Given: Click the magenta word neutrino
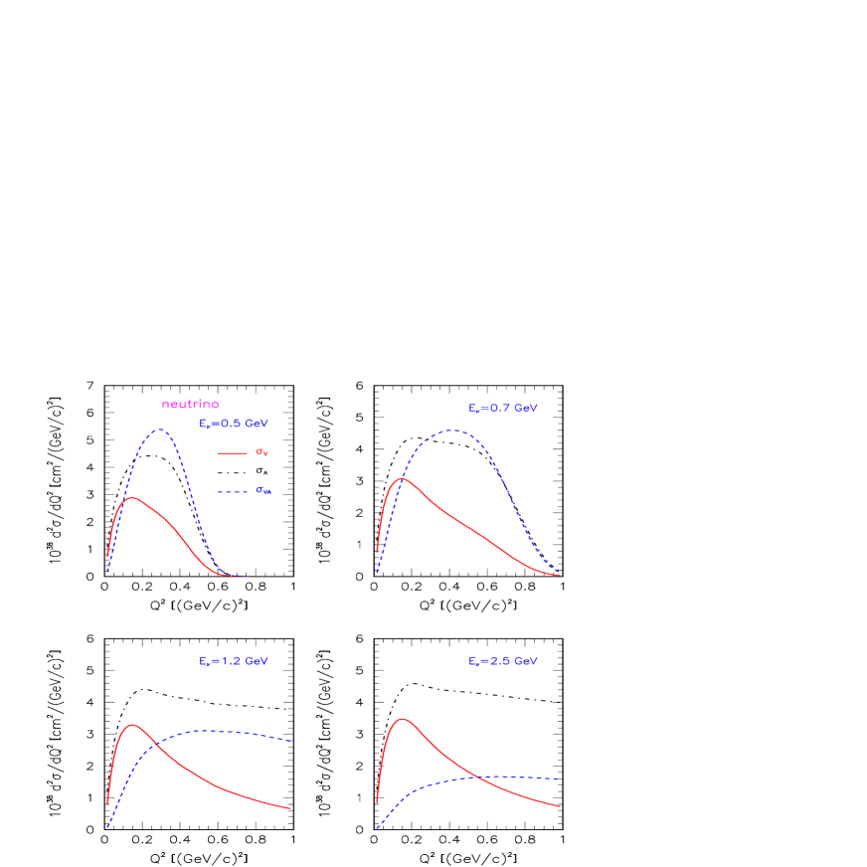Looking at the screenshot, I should click(x=190, y=405).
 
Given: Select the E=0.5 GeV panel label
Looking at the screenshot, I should click(x=234, y=424).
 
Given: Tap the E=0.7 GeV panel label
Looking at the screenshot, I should click(x=503, y=409).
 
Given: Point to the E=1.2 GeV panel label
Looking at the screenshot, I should click(x=234, y=661).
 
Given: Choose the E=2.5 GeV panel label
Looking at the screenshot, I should click(x=503, y=661).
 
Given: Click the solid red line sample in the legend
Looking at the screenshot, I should click(x=232, y=453).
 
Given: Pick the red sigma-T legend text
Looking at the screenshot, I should click(x=261, y=452).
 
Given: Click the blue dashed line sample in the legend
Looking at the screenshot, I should click(x=232, y=492).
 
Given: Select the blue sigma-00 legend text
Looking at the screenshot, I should click(x=263, y=490).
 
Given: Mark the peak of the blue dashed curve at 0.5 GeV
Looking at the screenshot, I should click(x=159, y=430).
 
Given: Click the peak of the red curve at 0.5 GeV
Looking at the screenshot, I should click(x=130, y=497).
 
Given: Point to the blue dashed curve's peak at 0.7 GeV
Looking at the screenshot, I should click(x=452, y=431).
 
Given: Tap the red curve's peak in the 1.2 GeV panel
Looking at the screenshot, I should click(x=131, y=725).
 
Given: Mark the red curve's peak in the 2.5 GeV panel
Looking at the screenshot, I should click(x=402, y=718).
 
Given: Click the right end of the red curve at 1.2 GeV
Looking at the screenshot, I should click(x=290, y=808).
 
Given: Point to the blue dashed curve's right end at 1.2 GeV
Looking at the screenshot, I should click(x=290, y=741).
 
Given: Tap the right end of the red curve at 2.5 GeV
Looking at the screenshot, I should click(x=561, y=806).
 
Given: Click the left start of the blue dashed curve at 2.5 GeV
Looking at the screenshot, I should click(x=377, y=827).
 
